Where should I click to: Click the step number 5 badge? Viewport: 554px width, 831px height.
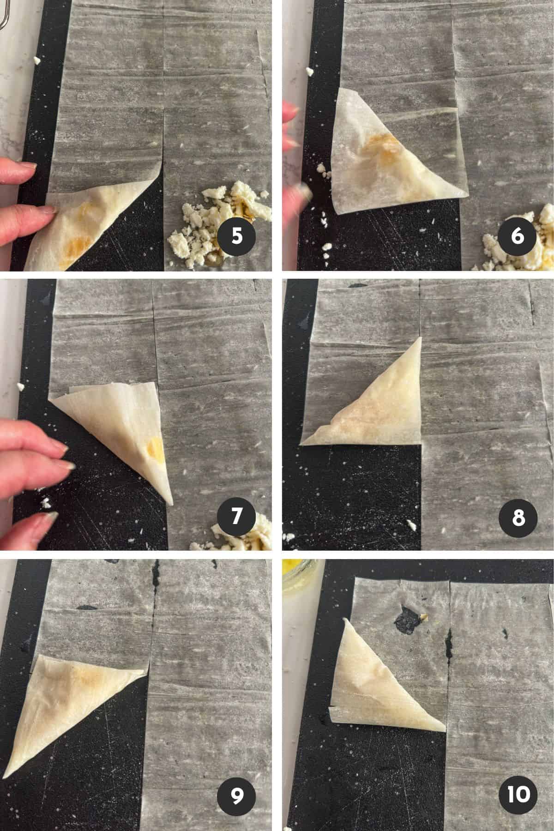coord(237,236)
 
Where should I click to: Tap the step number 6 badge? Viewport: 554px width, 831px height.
coord(518,236)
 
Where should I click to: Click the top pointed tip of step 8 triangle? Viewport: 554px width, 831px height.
coord(421,337)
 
